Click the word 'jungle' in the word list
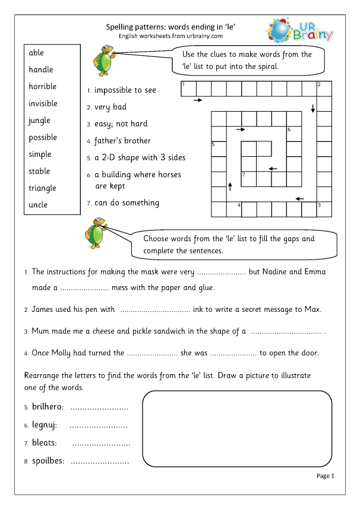click(39, 121)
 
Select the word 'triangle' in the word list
click(42, 188)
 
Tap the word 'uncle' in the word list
click(38, 205)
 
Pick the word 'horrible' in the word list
click(42, 87)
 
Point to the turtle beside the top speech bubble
click(104, 58)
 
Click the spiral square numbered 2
click(324, 88)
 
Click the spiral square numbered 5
click(218, 148)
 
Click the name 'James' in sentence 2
click(42, 309)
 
